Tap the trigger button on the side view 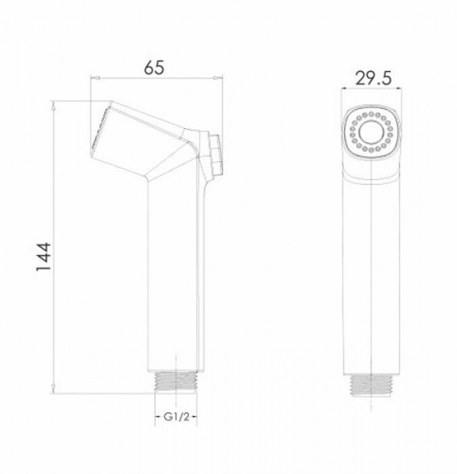pyautogui.click(x=217, y=155)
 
